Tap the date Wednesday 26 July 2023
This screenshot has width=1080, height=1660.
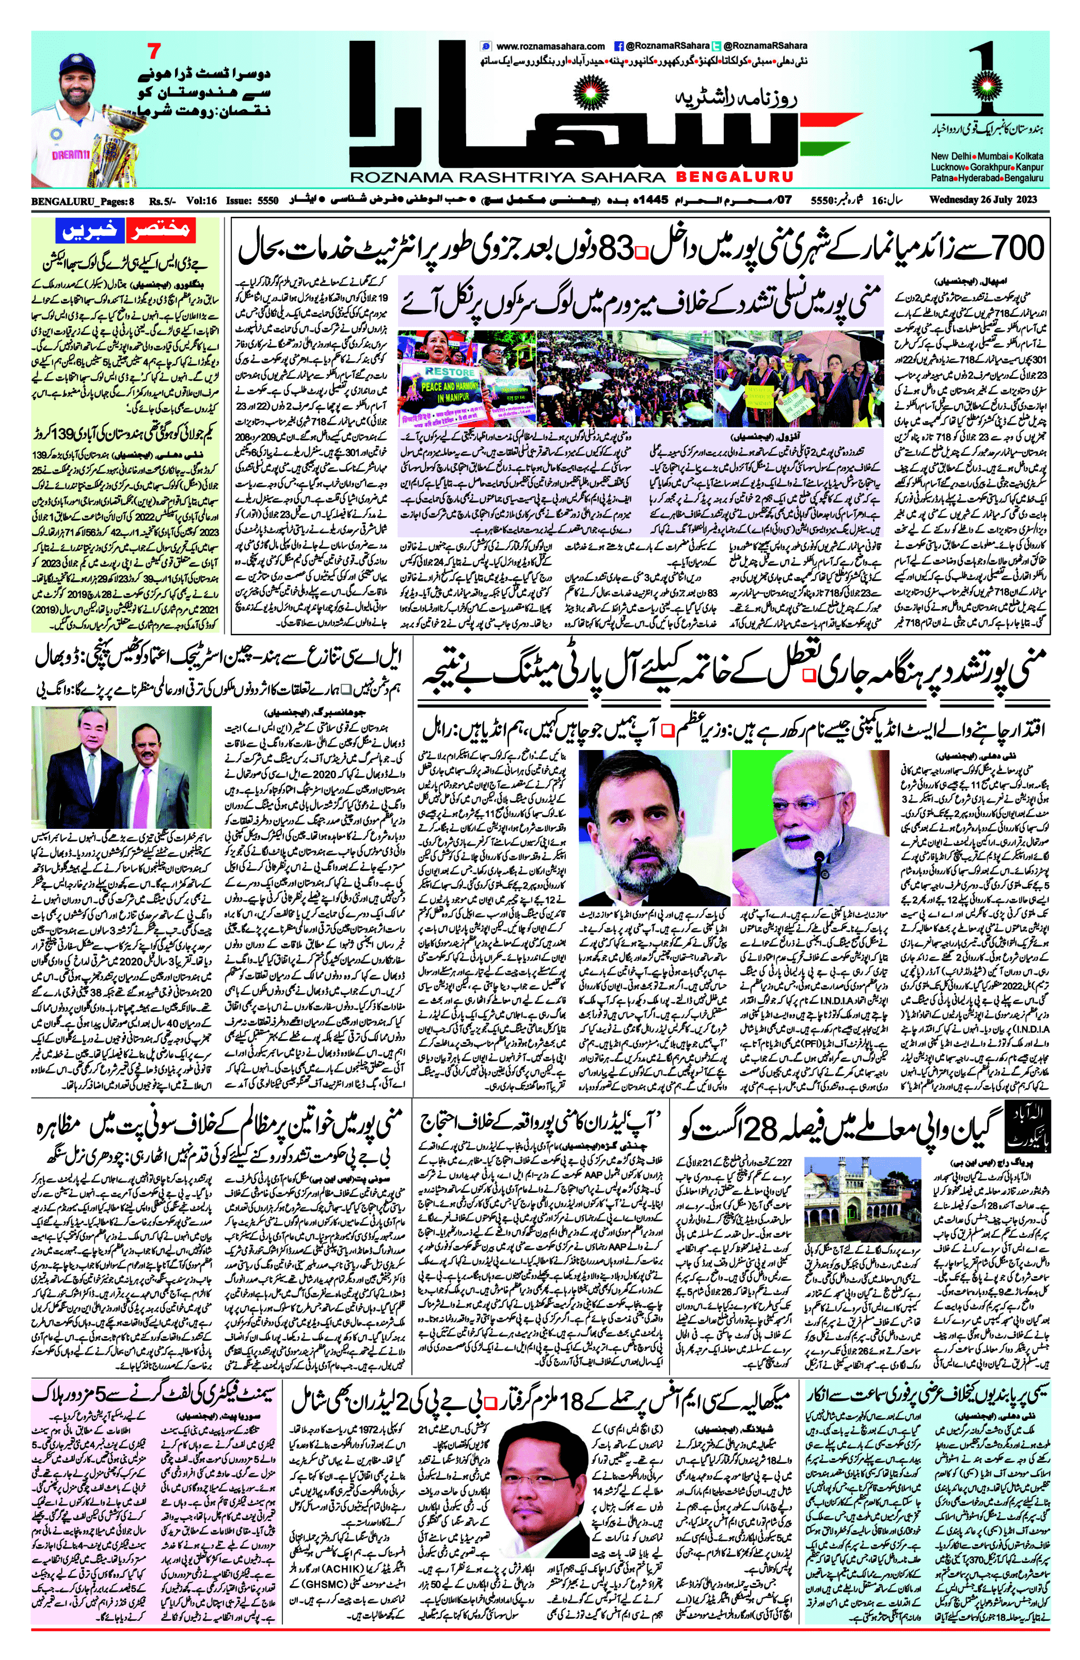(x=983, y=199)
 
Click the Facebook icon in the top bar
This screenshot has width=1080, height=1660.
(x=618, y=46)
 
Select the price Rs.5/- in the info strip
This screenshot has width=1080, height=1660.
(x=163, y=201)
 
